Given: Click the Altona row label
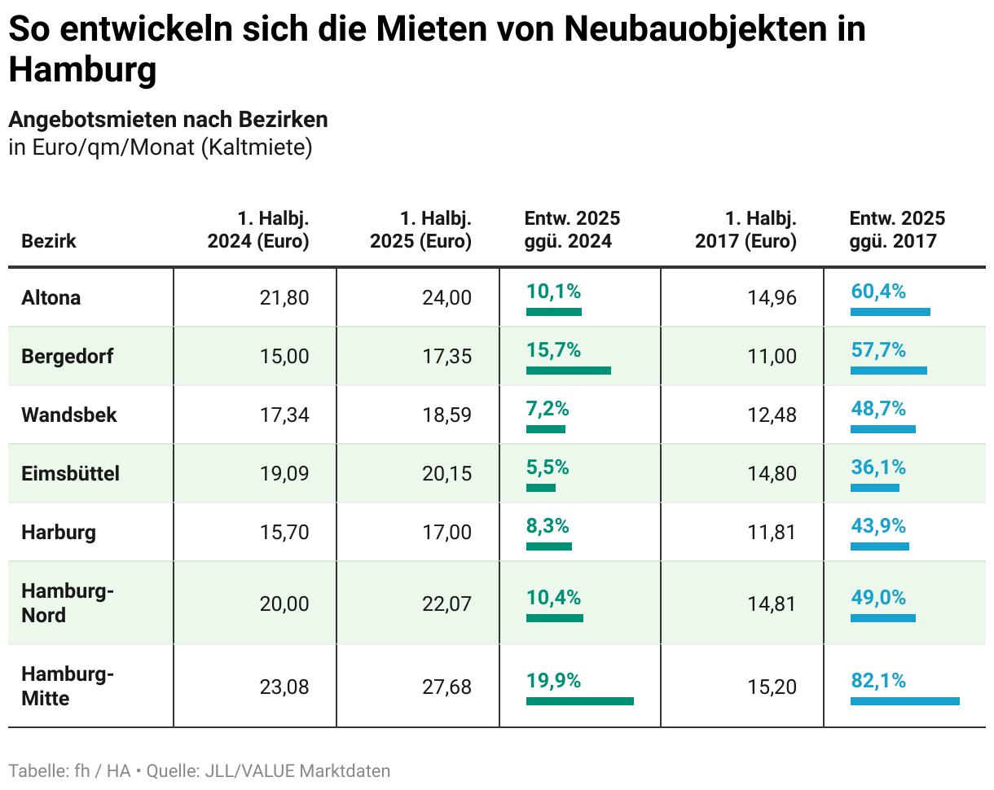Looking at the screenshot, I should click(x=51, y=297).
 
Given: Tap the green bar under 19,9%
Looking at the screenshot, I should click(x=579, y=700).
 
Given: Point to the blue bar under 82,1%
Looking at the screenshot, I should click(x=904, y=700).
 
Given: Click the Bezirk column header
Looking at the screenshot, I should click(x=49, y=241).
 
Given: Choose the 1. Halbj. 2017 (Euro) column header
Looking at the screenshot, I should click(x=745, y=230).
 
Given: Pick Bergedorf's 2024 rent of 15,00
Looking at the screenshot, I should click(x=284, y=356).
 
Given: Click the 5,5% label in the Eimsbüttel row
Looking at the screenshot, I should click(x=548, y=467).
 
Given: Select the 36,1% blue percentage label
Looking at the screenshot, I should click(x=877, y=467).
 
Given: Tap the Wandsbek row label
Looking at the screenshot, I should click(x=69, y=415).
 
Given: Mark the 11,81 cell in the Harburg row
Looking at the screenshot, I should click(x=772, y=532).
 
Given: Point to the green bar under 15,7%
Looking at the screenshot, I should click(x=568, y=371).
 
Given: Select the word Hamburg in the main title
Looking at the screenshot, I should click(x=81, y=70).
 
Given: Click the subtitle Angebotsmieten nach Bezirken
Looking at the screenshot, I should click(x=168, y=120).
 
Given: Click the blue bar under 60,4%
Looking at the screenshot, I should click(x=890, y=312).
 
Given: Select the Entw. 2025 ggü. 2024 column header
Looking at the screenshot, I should click(x=572, y=230).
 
